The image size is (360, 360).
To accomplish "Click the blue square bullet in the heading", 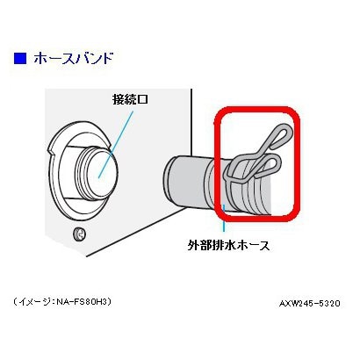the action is (x=20, y=58).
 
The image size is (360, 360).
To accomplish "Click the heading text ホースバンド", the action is (x=73, y=58).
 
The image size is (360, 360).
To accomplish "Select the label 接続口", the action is (x=130, y=99).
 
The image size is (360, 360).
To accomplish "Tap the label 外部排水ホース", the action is (x=228, y=245).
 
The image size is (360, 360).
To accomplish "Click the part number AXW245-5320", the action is (x=310, y=304).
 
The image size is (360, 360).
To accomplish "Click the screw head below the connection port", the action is (x=79, y=234).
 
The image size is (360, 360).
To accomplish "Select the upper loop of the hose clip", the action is (x=280, y=134).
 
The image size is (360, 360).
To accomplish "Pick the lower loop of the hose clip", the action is (x=270, y=165).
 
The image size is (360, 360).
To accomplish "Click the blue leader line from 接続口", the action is (x=116, y=144).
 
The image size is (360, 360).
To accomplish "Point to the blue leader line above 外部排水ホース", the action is (x=224, y=218).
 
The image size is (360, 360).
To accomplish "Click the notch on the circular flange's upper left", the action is (x=52, y=151).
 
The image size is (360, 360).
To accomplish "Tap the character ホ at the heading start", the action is (x=40, y=59).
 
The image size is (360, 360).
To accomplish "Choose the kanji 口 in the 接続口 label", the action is (x=142, y=100).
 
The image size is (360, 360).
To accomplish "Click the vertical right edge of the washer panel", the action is (x=191, y=124).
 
